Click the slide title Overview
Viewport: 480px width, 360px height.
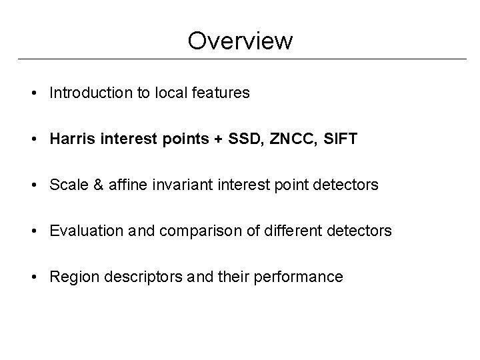coord(240,41)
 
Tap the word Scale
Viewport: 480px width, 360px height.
coord(67,185)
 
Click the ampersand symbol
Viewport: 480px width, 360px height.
coord(94,185)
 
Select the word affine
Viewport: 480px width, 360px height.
coord(122,185)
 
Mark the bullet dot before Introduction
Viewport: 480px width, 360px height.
coord(33,93)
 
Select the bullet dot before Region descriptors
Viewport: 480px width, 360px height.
coord(33,277)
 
